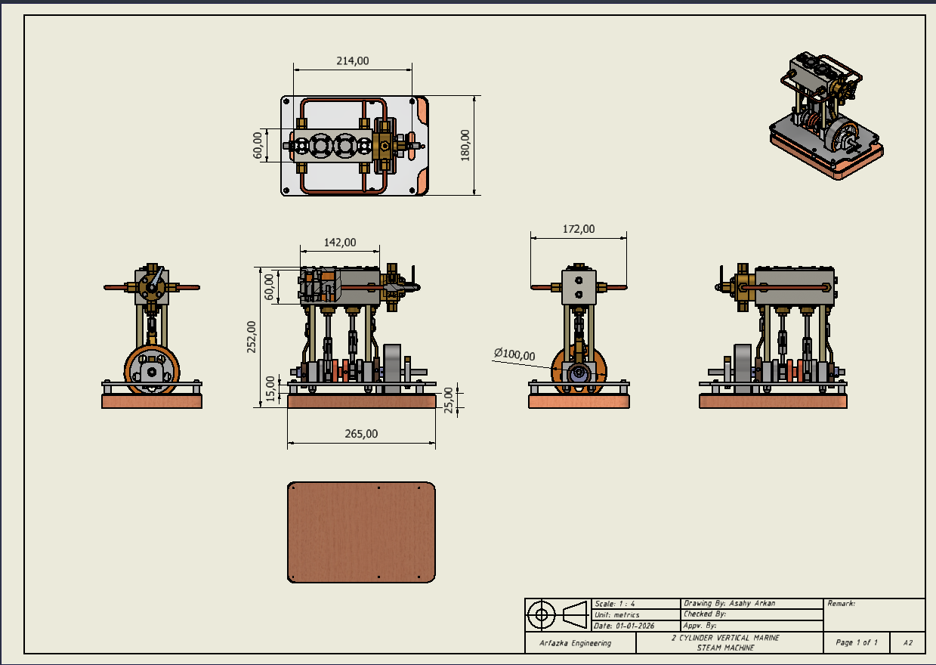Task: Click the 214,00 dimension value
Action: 352,61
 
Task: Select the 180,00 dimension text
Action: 465,144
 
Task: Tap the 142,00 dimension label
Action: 340,243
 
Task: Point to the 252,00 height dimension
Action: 252,336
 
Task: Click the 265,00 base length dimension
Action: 361,434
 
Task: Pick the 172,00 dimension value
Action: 579,229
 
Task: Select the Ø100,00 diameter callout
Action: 514,354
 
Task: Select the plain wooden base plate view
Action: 361,532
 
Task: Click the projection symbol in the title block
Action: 558,614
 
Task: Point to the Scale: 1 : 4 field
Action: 615,604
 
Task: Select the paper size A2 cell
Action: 907,643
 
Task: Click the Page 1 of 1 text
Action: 857,643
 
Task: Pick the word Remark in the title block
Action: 842,604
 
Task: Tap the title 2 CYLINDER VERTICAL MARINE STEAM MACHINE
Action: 725,642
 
